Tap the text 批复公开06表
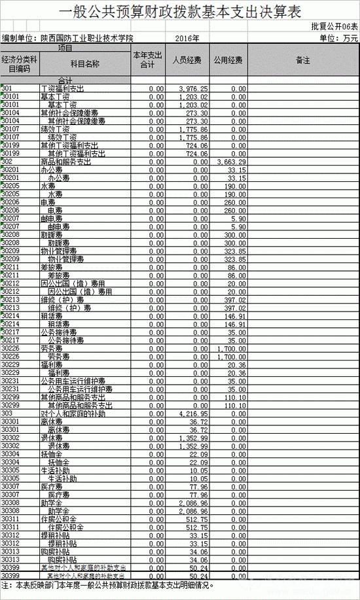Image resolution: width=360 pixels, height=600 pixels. (334, 27)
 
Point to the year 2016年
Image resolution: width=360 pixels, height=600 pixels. (187, 39)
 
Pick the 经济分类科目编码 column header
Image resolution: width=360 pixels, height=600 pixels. (20, 63)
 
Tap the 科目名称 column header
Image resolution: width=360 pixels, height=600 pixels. (84, 63)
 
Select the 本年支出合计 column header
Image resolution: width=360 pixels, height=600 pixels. (147, 60)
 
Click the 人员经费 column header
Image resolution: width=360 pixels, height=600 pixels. (187, 60)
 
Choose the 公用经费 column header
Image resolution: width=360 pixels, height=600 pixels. (228, 60)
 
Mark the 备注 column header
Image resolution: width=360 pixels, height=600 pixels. (303, 60)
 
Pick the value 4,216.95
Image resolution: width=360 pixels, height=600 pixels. (194, 414)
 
